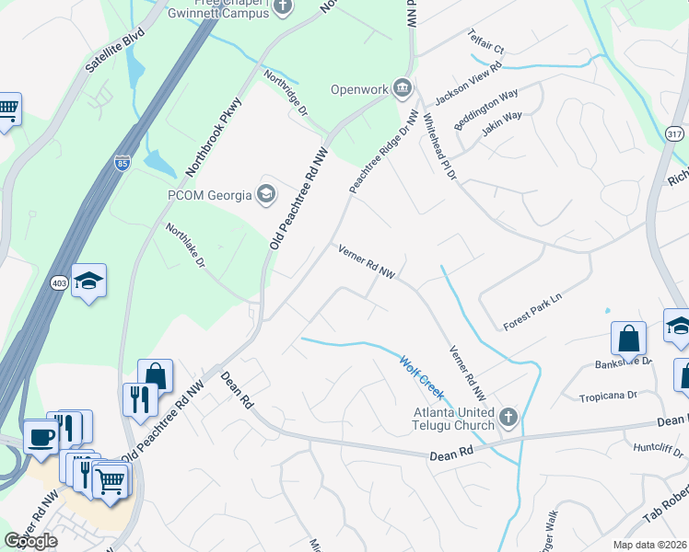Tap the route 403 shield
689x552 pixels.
[56, 283]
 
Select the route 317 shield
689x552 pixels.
[674, 134]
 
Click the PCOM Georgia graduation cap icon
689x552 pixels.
[266, 193]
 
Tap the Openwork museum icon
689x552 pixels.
[403, 88]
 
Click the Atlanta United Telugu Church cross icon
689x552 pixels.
[508, 419]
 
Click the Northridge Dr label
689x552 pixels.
[286, 92]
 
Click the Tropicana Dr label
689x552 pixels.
[608, 396]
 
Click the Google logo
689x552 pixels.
[30, 541]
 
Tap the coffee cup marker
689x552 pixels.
[41, 438]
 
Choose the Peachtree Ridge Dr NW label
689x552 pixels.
[383, 152]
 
